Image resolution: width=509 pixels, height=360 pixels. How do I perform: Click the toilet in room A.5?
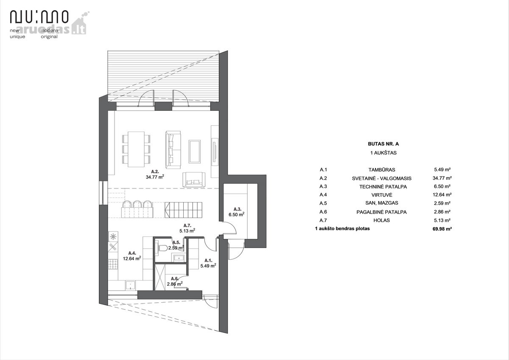pyautogui.click(x=162, y=247)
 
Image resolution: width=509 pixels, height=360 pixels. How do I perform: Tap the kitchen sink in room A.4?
pyautogui.click(x=131, y=285)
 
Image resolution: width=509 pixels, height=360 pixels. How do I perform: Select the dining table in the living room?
pyautogui.click(x=136, y=149)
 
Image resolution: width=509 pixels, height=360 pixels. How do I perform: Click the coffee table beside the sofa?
pyautogui.click(x=195, y=151)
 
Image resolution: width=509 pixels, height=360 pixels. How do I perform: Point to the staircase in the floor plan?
pyautogui.click(x=183, y=210)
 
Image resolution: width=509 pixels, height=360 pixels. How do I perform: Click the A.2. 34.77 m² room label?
pyautogui.click(x=155, y=174)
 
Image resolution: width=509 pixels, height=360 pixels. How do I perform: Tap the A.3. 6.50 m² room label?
pyautogui.click(x=237, y=212)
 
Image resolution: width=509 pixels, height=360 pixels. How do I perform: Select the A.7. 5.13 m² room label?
pyautogui.click(x=187, y=228)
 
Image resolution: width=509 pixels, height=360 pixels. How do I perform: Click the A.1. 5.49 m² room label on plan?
pyautogui.click(x=208, y=263)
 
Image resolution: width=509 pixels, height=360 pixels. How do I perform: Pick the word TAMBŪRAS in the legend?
pyautogui.click(x=382, y=170)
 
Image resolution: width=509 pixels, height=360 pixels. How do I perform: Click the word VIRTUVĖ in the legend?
pyautogui.click(x=382, y=195)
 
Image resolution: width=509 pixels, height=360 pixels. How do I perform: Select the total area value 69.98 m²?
pyautogui.click(x=442, y=229)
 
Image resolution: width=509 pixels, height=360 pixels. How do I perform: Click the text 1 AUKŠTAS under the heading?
pyautogui.click(x=383, y=153)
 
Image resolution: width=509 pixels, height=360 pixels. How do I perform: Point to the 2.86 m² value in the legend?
pyautogui.click(x=442, y=212)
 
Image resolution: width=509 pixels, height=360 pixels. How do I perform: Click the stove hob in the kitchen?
pyautogui.click(x=113, y=264)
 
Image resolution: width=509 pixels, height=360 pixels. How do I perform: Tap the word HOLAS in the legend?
pyautogui.click(x=382, y=220)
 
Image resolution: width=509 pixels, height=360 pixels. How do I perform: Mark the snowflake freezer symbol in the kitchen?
pyautogui.click(x=113, y=237)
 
